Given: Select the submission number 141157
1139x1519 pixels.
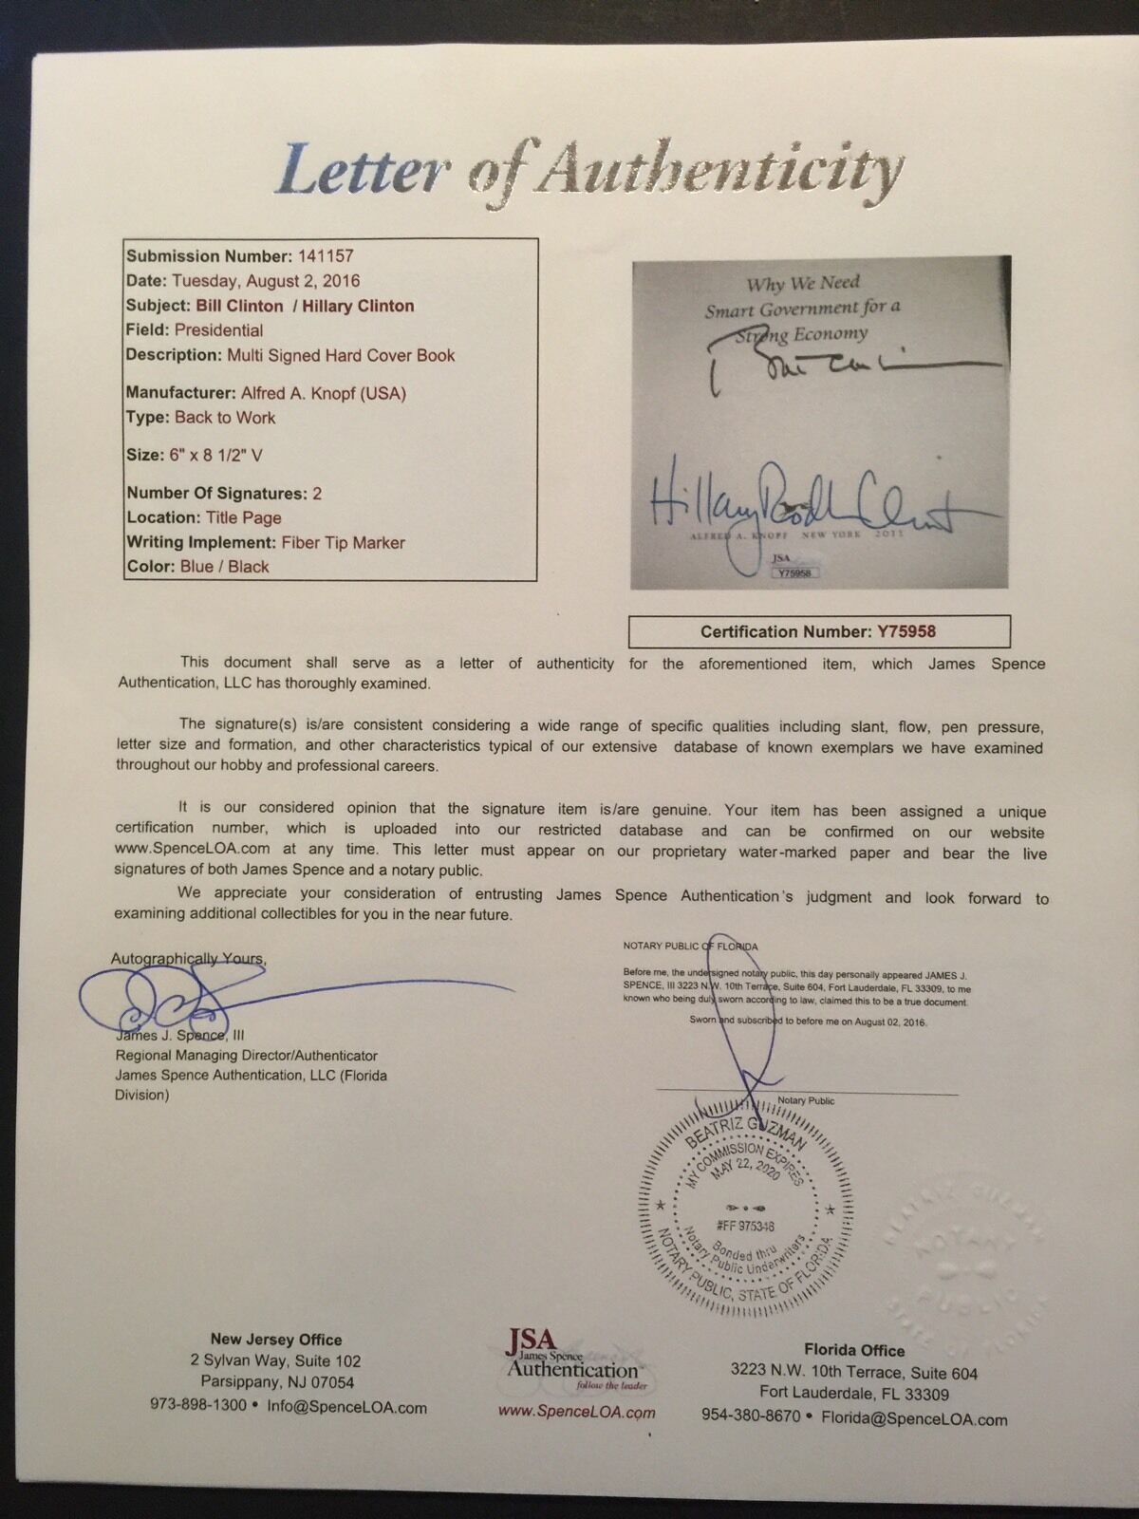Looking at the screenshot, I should coord(324,256).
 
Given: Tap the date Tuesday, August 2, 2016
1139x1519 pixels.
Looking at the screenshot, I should coord(266,281).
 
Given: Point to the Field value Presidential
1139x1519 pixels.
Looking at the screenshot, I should coord(218,330).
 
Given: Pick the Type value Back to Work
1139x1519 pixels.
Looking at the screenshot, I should coord(225,418).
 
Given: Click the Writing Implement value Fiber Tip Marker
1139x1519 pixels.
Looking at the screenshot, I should coord(343,543).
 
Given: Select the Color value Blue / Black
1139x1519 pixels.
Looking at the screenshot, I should coord(221,567).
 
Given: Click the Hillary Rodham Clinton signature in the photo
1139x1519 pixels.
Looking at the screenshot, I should coord(807,498).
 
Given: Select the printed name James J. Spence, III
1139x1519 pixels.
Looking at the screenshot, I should coord(179,1036).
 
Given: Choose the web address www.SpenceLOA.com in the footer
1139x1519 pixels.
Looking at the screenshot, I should coord(576,1412).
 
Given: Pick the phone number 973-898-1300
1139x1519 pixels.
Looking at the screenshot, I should coord(198,1406).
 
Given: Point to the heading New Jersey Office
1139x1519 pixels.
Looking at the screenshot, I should coord(276,1340).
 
